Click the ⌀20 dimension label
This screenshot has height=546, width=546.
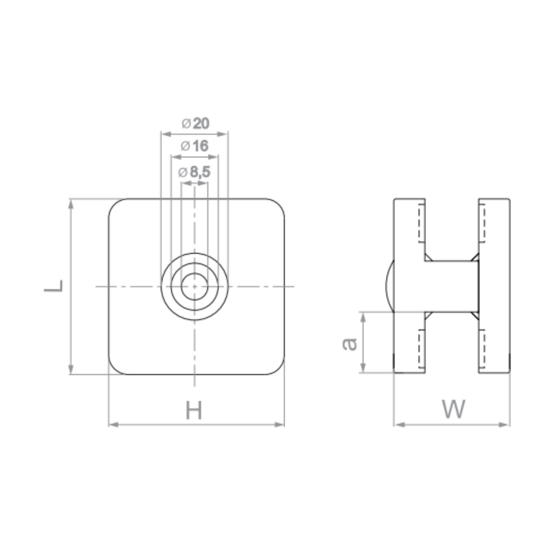click(195, 123)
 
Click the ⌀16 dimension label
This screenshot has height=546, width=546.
click(194, 146)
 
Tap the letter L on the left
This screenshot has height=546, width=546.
click(54, 286)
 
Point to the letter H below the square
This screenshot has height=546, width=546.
click(194, 410)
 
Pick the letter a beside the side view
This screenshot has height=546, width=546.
click(350, 344)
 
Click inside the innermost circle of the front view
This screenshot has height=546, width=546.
click(194, 287)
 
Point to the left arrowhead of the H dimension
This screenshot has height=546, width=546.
click(113, 425)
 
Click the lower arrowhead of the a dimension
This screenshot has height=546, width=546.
click(363, 367)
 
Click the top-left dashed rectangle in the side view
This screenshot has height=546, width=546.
click(422, 223)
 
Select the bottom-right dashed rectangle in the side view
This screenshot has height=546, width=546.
click(482, 349)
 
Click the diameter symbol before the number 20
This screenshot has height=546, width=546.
click(186, 123)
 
